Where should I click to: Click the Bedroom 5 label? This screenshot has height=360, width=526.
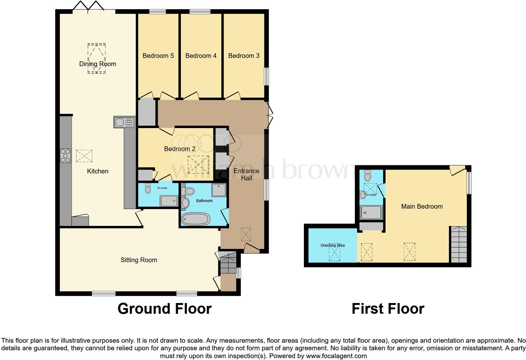pyautogui.click(x=158, y=56)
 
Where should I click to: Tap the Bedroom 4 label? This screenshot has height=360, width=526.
pyautogui.click(x=201, y=56)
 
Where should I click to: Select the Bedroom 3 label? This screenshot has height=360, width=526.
pyautogui.click(x=244, y=56)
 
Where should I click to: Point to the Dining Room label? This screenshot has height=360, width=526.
pyautogui.click(x=98, y=64)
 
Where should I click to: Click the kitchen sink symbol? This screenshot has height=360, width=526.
pyautogui.click(x=124, y=122)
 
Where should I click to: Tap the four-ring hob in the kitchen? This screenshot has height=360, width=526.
pyautogui.click(x=65, y=156)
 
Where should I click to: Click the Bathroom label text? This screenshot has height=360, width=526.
pyautogui.click(x=204, y=200)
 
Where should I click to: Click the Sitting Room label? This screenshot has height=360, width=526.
pyautogui.click(x=139, y=260)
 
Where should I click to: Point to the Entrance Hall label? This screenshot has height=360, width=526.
pyautogui.click(x=246, y=174)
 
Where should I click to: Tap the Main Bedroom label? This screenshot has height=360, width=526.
pyautogui.click(x=422, y=206)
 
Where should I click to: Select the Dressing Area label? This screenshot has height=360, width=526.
pyautogui.click(x=333, y=245)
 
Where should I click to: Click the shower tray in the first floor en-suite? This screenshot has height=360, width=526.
pyautogui.click(x=371, y=212)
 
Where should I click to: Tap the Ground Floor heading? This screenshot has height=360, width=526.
pyautogui.click(x=164, y=309)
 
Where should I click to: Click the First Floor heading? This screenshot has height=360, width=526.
pyautogui.click(x=388, y=309)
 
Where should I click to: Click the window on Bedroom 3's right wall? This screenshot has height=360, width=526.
pyautogui.click(x=266, y=76)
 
